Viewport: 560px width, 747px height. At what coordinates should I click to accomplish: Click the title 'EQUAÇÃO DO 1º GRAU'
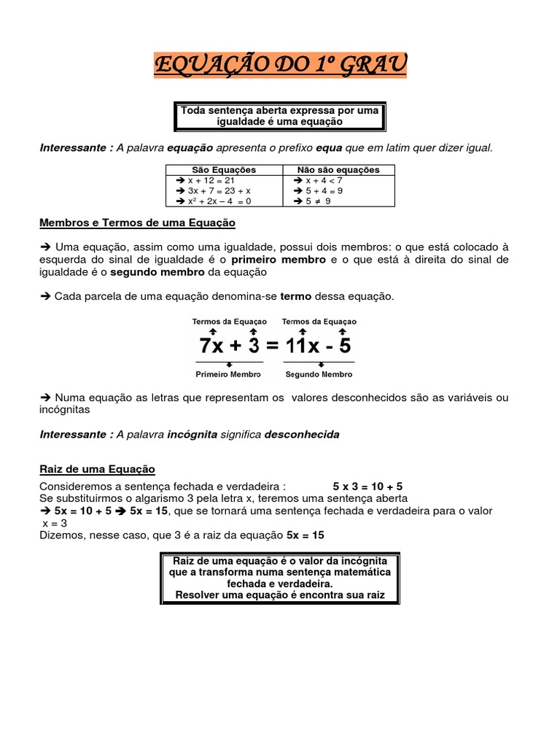[280, 65]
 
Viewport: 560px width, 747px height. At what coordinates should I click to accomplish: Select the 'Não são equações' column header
[338, 170]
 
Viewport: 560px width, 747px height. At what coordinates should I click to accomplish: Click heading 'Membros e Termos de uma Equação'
[137, 222]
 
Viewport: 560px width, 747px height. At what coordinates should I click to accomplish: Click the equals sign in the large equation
[273, 345]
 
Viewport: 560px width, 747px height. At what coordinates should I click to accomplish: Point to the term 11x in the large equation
[303, 345]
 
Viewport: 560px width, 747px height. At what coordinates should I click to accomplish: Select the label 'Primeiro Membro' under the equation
[229, 374]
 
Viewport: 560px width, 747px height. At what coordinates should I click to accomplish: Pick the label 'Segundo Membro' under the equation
[319, 374]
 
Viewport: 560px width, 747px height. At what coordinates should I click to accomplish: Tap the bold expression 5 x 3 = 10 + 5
[367, 486]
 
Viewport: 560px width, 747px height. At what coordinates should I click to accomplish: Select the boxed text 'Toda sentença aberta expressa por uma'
[280, 110]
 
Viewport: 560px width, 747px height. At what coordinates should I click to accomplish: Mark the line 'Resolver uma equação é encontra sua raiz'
[280, 595]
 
